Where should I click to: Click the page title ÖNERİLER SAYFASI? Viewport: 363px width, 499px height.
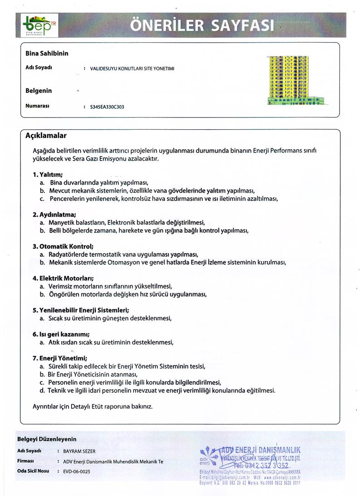pyautogui.click(x=202, y=25)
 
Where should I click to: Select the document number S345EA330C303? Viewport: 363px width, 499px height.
pyautogui.click(x=108, y=108)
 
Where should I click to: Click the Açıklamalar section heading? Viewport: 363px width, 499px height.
pyautogui.click(x=46, y=136)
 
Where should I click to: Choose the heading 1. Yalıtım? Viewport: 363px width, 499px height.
pyautogui.click(x=48, y=174)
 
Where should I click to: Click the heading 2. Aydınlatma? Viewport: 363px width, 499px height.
pyautogui.click(x=54, y=214)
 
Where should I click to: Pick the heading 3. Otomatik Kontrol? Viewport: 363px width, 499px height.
pyautogui.click(x=63, y=246)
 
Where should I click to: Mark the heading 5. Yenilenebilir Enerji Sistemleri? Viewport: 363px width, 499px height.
pyautogui.click(x=81, y=310)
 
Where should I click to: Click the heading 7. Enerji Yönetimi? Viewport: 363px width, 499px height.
pyautogui.click(x=60, y=357)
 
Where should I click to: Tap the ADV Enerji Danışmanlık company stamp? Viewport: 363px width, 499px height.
pyautogui.click(x=250, y=464)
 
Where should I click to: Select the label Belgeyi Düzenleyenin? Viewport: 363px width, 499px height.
pyautogui.click(x=47, y=439)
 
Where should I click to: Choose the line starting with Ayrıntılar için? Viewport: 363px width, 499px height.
pyautogui.click(x=93, y=406)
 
